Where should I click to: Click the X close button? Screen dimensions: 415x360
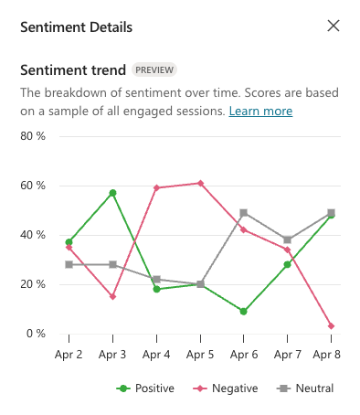coord(334,27)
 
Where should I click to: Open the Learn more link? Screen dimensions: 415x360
coord(260,111)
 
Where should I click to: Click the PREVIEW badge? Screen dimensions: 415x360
coord(154,69)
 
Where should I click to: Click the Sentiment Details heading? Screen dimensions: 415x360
coord(77,27)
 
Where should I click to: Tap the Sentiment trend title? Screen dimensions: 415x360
coord(72,69)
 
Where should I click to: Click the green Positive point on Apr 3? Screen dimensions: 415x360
coord(112,193)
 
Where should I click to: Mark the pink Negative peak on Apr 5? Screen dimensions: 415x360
coord(200,183)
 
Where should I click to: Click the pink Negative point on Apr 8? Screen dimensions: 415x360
coord(331,326)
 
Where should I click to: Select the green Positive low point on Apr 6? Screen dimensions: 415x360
coord(244,312)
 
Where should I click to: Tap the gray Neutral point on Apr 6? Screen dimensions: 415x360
coord(244,213)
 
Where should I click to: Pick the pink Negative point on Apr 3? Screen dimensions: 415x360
coord(112,296)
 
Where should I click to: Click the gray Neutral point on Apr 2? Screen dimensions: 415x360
coord(69,264)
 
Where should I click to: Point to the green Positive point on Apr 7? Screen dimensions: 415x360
coord(287,264)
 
